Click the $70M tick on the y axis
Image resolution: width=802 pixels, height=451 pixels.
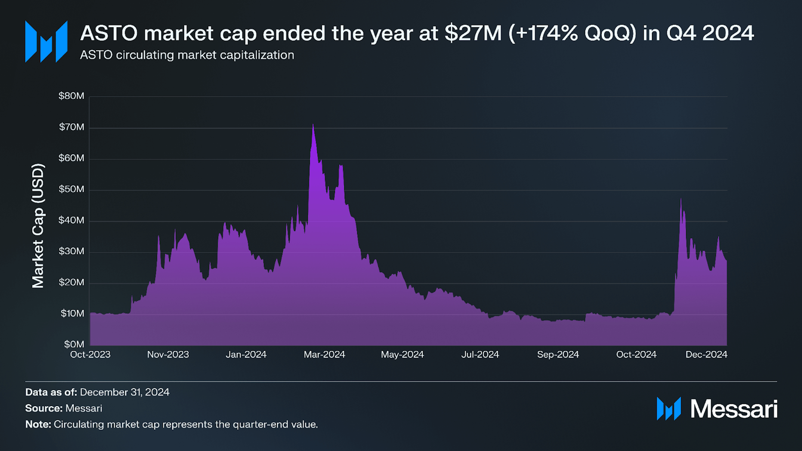click(x=72, y=127)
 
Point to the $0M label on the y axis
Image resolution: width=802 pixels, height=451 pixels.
click(x=74, y=344)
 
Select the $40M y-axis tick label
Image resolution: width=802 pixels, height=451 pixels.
click(x=72, y=220)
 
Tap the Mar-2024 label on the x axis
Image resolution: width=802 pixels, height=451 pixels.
click(x=324, y=354)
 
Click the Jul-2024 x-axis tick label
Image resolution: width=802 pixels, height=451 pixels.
click(x=480, y=354)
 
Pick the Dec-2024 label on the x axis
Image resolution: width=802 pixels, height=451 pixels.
click(x=706, y=354)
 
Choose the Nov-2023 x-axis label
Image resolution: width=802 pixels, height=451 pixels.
click(x=168, y=354)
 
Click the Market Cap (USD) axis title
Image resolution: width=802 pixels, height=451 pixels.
click(x=38, y=226)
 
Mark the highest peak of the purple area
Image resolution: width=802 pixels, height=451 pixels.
click(x=313, y=125)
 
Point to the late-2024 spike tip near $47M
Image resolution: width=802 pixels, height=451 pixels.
click(x=681, y=199)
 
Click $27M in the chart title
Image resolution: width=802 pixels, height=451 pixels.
click(x=473, y=33)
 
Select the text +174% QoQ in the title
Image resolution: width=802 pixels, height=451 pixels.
click(x=572, y=33)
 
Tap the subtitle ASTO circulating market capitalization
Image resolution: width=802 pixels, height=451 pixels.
click(x=187, y=55)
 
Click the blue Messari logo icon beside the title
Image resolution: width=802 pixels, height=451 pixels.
click(x=46, y=42)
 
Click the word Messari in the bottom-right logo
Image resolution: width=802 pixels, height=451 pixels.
click(x=733, y=409)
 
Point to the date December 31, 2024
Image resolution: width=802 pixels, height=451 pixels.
click(x=125, y=392)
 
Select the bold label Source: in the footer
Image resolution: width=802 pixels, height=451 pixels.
click(x=44, y=408)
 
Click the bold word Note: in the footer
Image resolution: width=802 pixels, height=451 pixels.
click(x=38, y=424)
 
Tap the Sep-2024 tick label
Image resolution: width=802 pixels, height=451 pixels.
click(x=558, y=354)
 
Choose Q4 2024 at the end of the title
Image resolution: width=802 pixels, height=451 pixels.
click(x=710, y=33)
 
